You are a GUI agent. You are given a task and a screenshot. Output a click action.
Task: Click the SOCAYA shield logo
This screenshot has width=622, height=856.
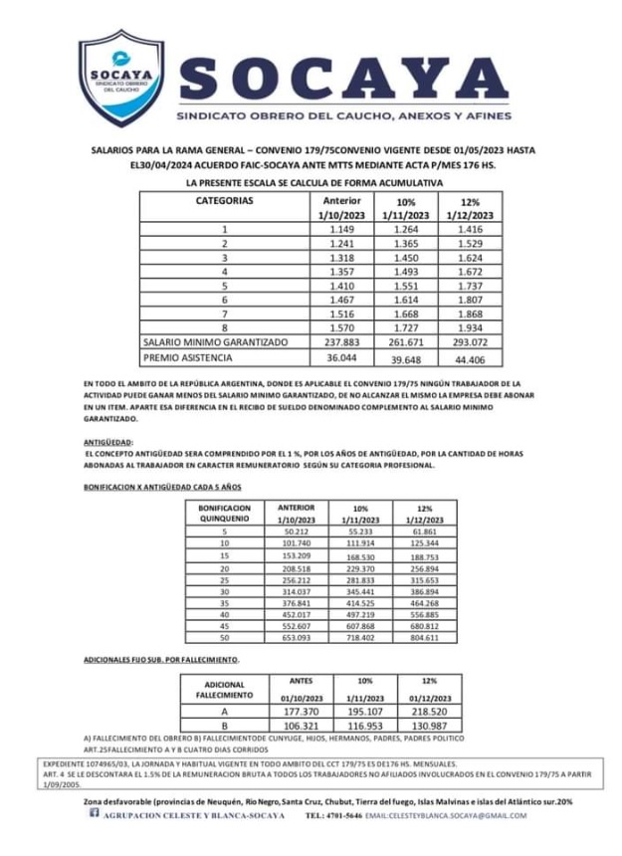120,78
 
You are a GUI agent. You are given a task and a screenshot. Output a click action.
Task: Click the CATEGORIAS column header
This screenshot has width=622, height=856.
224,200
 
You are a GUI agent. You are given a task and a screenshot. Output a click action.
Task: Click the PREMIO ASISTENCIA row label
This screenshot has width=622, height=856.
187,357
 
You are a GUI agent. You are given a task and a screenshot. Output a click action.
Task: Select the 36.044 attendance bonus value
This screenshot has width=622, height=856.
341,357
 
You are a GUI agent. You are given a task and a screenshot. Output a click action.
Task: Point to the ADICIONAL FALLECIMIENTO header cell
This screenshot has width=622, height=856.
224,690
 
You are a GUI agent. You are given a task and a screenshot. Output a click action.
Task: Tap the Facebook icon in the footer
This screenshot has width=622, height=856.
96,815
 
